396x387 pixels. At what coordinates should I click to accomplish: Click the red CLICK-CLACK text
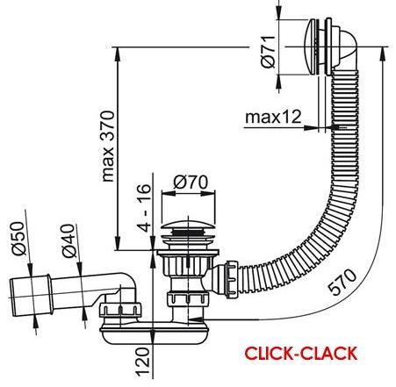click(x=301, y=354)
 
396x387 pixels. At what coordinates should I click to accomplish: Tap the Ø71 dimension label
click(x=269, y=52)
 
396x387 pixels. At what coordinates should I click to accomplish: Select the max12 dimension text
click(x=273, y=117)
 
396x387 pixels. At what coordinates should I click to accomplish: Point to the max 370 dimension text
click(x=108, y=146)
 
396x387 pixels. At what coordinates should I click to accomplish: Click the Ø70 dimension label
click(x=191, y=183)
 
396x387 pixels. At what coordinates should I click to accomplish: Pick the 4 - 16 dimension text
click(x=144, y=208)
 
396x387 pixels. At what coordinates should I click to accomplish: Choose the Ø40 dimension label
click(x=69, y=240)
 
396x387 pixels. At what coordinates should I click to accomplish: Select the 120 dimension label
click(x=143, y=362)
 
